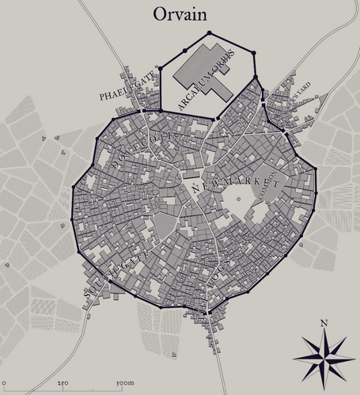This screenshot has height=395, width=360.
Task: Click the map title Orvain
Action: coord(180,14)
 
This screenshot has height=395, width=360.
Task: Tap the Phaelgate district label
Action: coord(123,88)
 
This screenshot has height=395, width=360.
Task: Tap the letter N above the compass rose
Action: coord(324,323)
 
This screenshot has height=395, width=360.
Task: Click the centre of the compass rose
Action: coord(324,358)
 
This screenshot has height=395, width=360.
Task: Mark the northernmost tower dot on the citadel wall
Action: coord(209,33)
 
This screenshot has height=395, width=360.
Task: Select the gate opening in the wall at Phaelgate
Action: coord(142,112)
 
